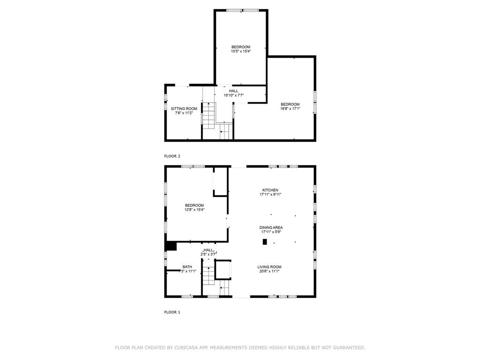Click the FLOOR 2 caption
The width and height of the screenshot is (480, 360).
tap(172, 156)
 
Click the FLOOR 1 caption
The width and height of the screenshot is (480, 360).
tap(172, 312)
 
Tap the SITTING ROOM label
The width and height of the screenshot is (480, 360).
tap(184, 108)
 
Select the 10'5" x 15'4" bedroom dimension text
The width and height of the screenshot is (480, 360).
tap(241, 51)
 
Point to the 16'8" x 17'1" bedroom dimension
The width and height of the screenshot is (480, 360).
tap(290, 108)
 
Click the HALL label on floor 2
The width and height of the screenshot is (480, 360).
tap(233, 91)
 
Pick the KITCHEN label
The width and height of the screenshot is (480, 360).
tap(270, 190)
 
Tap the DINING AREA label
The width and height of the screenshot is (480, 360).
tap(272, 227)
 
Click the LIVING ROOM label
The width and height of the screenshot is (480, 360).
tap(270, 267)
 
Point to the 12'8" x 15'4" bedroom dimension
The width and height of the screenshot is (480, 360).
tap(194, 210)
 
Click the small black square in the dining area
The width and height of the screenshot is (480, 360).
tap(265, 242)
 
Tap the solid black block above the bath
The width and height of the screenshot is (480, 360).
tap(171, 246)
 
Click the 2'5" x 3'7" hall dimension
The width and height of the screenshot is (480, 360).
tap(209, 254)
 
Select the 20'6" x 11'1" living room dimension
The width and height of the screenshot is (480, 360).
tap(270, 271)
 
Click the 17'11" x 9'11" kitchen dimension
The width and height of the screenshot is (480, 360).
tap(271, 194)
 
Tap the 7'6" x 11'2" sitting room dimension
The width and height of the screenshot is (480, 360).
tap(184, 112)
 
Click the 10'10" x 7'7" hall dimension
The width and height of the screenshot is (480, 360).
tap(233, 95)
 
